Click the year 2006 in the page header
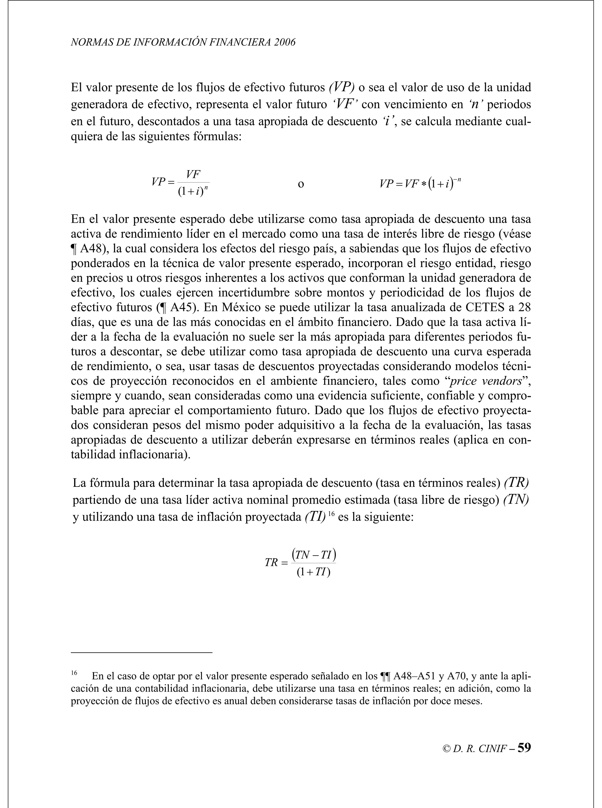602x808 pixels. (x=285, y=43)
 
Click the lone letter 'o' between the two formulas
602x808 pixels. (x=301, y=184)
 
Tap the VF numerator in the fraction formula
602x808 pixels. (x=193, y=175)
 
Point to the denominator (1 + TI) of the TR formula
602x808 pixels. (x=313, y=572)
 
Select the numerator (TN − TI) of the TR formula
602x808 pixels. (x=313, y=555)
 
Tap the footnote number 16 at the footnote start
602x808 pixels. (x=74, y=673)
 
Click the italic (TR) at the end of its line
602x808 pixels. (x=516, y=483)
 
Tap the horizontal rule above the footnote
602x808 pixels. (x=141, y=653)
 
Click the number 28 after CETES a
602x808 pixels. (x=524, y=307)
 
